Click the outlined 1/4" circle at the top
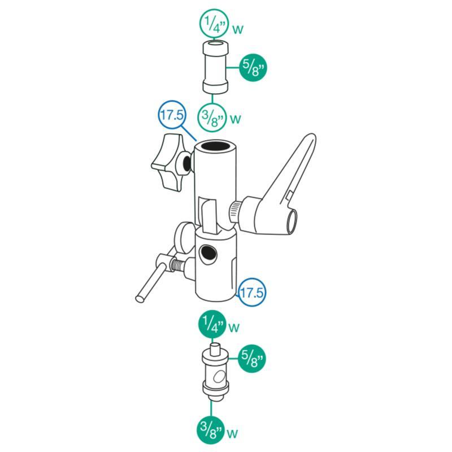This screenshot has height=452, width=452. (x=214, y=23)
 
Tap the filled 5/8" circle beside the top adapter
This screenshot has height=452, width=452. (x=253, y=68)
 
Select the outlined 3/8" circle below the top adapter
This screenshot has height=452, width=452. (x=212, y=118)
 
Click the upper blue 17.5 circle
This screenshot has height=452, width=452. (x=172, y=115)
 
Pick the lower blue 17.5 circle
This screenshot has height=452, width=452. (x=251, y=292)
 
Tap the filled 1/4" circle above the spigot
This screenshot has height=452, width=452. (x=212, y=324)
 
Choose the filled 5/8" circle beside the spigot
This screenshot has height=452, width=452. (x=251, y=359)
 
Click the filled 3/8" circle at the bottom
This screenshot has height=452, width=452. (x=211, y=431)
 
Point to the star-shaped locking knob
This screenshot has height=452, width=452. (x=170, y=163)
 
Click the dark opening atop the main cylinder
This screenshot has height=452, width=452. (x=215, y=145)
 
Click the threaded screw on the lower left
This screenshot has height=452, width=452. (x=179, y=264)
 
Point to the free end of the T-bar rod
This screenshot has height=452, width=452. (x=140, y=298)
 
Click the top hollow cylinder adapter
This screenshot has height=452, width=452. (x=216, y=67)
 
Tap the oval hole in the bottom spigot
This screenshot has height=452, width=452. (x=220, y=377)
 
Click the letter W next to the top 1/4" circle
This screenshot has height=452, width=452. (x=238, y=29)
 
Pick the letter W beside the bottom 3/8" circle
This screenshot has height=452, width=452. (x=233, y=434)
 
